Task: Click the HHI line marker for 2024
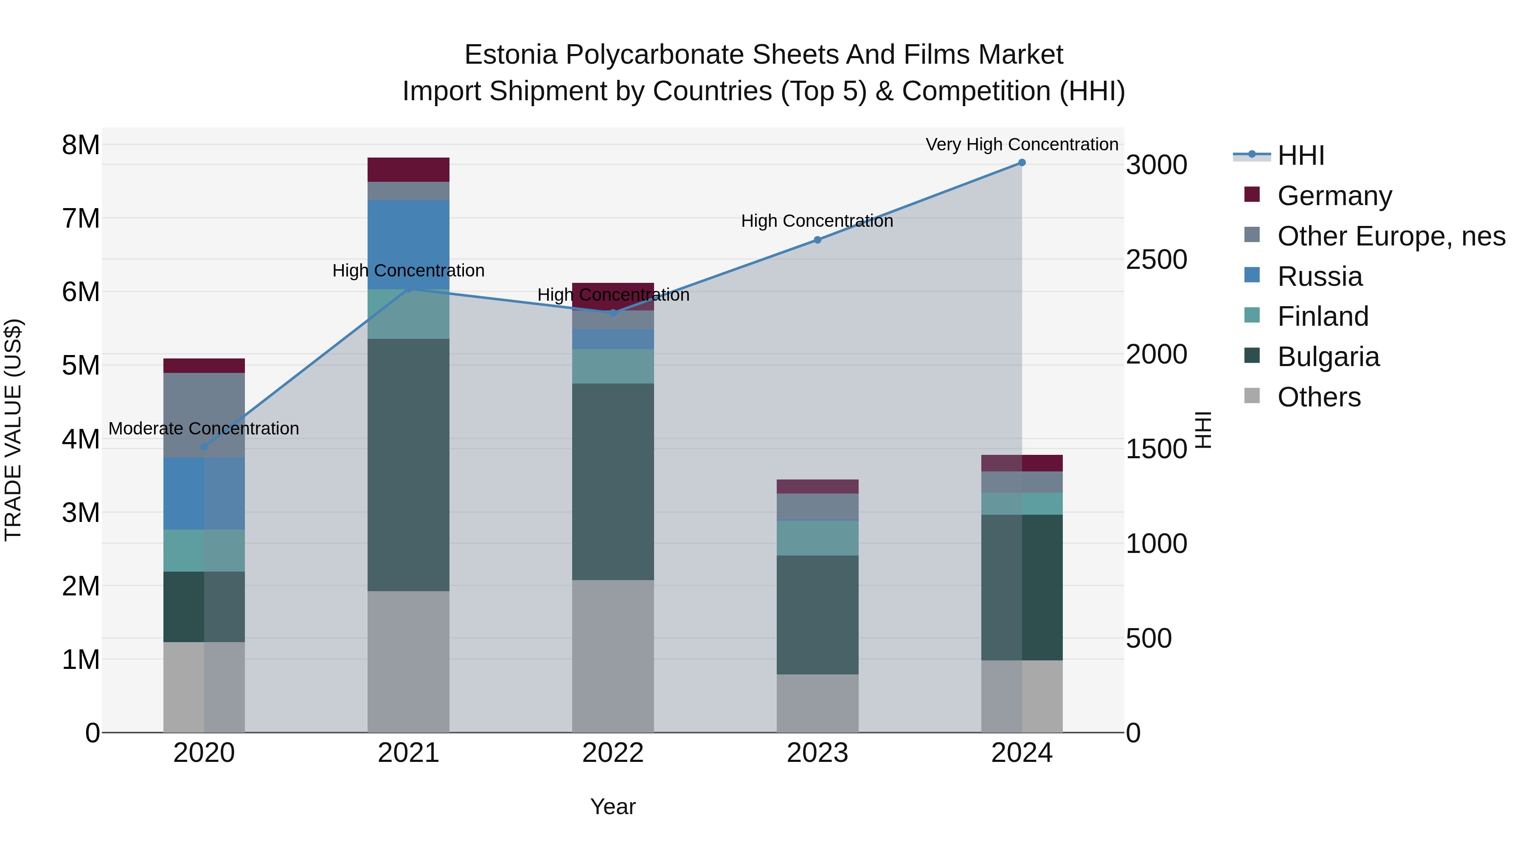point(1022,163)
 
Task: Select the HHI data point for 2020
point(204,446)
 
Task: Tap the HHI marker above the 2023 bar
point(817,240)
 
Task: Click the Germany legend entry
point(1334,196)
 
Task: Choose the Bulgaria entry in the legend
point(1328,357)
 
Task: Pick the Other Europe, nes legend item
point(1391,236)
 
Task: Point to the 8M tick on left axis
point(81,145)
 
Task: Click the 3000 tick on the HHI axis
point(1156,165)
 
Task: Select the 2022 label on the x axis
point(613,753)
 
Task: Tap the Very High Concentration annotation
point(1022,144)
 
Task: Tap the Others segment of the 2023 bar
point(817,703)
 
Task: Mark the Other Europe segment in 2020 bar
point(204,415)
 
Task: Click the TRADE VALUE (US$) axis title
point(13,430)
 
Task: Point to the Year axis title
point(613,806)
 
